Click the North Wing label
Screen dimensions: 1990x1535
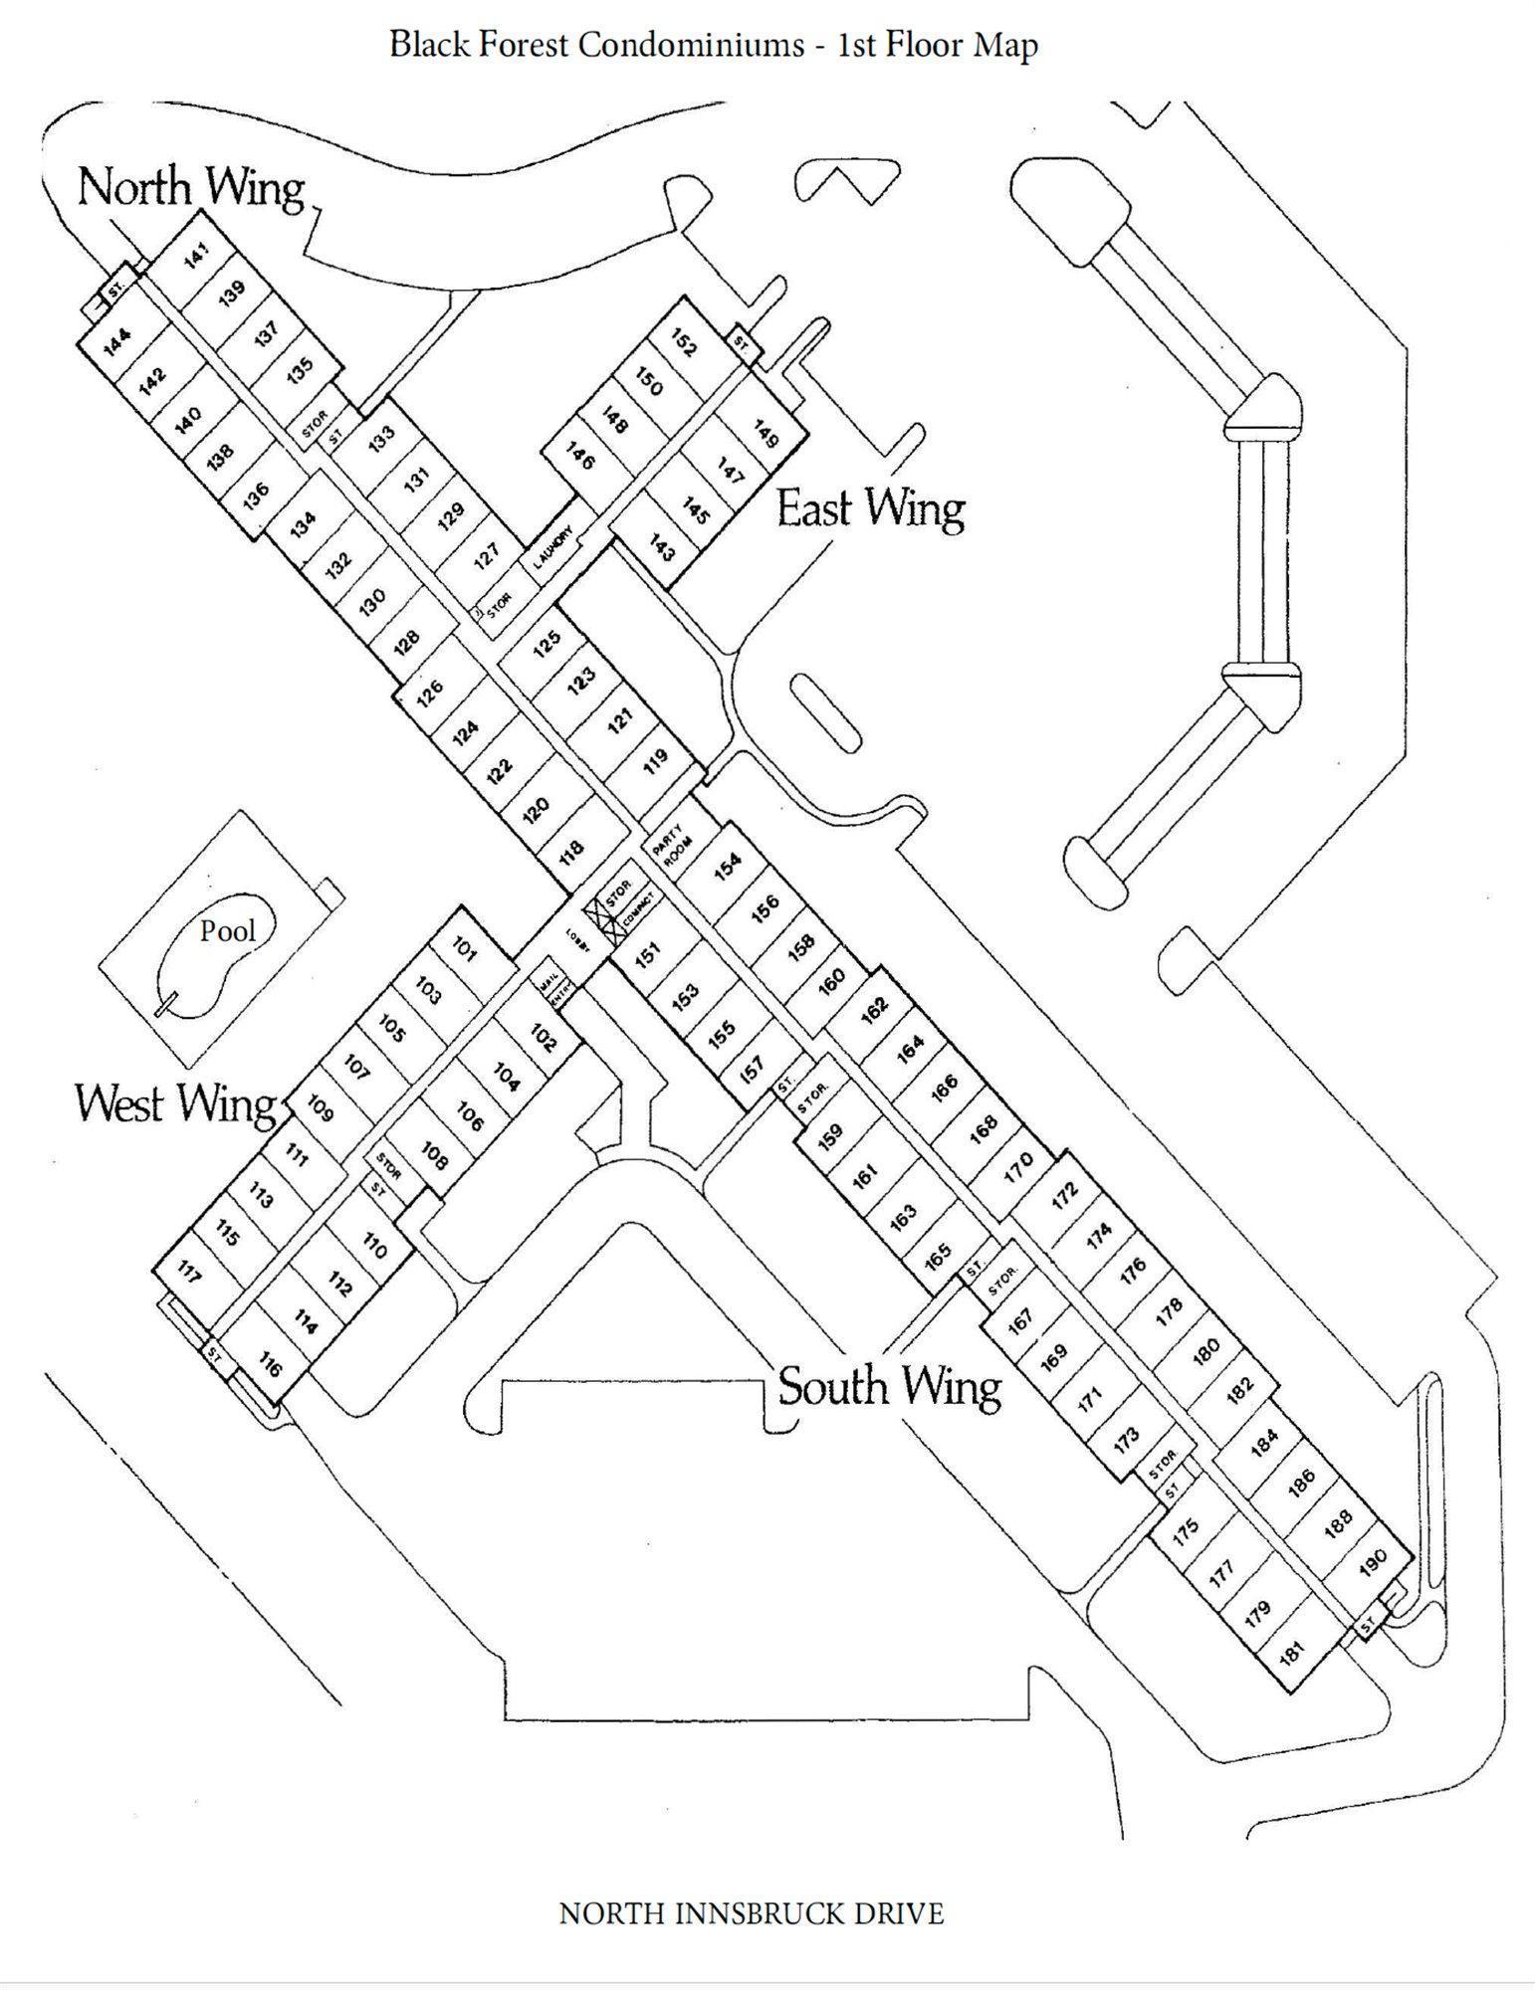190,187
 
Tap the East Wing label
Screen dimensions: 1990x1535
870,508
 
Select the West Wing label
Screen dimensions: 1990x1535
175,1103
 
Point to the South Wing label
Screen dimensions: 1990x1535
889,1386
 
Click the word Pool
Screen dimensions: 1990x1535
228,931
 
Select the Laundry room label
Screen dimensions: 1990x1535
553,547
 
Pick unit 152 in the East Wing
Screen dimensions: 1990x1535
684,344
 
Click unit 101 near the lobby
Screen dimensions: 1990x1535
465,949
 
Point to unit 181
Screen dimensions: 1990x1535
1291,1655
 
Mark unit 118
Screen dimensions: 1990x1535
571,852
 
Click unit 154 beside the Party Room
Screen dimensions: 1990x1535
729,866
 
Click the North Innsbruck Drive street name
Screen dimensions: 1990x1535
752,1913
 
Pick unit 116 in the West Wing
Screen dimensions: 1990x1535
270,1364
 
